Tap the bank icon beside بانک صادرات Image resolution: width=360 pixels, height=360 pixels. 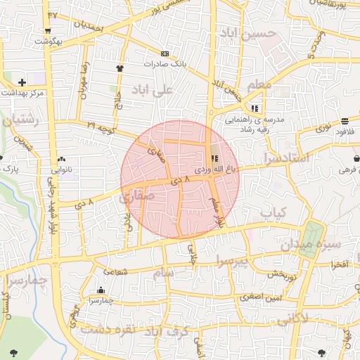[x=165, y=53]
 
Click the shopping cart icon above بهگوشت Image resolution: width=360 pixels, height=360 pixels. [x=47, y=30]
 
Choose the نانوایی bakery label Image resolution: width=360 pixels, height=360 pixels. [x=63, y=169]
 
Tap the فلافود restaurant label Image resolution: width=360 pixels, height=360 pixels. [x=345, y=131]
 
